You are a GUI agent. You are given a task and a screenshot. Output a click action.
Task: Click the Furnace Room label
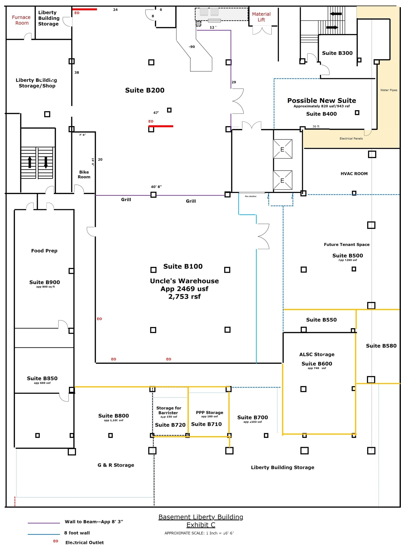point(21,20)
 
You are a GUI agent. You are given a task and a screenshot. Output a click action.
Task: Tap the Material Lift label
point(261,17)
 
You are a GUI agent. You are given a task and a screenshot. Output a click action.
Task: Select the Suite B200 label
point(145,90)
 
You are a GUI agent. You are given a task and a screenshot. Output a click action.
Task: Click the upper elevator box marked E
point(282,149)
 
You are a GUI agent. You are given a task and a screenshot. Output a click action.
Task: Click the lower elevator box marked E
point(282,180)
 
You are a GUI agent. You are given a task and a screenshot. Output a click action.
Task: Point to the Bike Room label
point(84,175)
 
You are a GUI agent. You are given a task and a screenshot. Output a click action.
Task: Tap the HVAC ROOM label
point(354,174)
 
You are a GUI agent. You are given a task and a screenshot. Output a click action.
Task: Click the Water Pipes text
point(389,90)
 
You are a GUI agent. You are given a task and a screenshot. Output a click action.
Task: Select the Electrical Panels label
point(351,138)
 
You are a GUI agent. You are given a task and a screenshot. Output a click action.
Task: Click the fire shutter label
point(251,196)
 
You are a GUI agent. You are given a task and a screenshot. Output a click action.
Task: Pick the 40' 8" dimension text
point(156,187)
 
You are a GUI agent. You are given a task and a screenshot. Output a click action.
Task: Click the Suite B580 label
point(381,346)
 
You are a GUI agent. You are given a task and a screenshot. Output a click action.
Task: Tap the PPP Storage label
point(210,412)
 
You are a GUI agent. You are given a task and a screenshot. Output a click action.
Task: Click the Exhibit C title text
point(201,525)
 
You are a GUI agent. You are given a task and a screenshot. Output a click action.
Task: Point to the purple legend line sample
point(44,523)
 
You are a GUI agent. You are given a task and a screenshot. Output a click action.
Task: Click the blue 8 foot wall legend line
point(44,534)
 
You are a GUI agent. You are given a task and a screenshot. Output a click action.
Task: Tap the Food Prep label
point(44,251)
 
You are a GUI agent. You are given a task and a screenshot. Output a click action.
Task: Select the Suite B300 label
point(337,53)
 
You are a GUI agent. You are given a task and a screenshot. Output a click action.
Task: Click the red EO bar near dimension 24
point(85,9)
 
